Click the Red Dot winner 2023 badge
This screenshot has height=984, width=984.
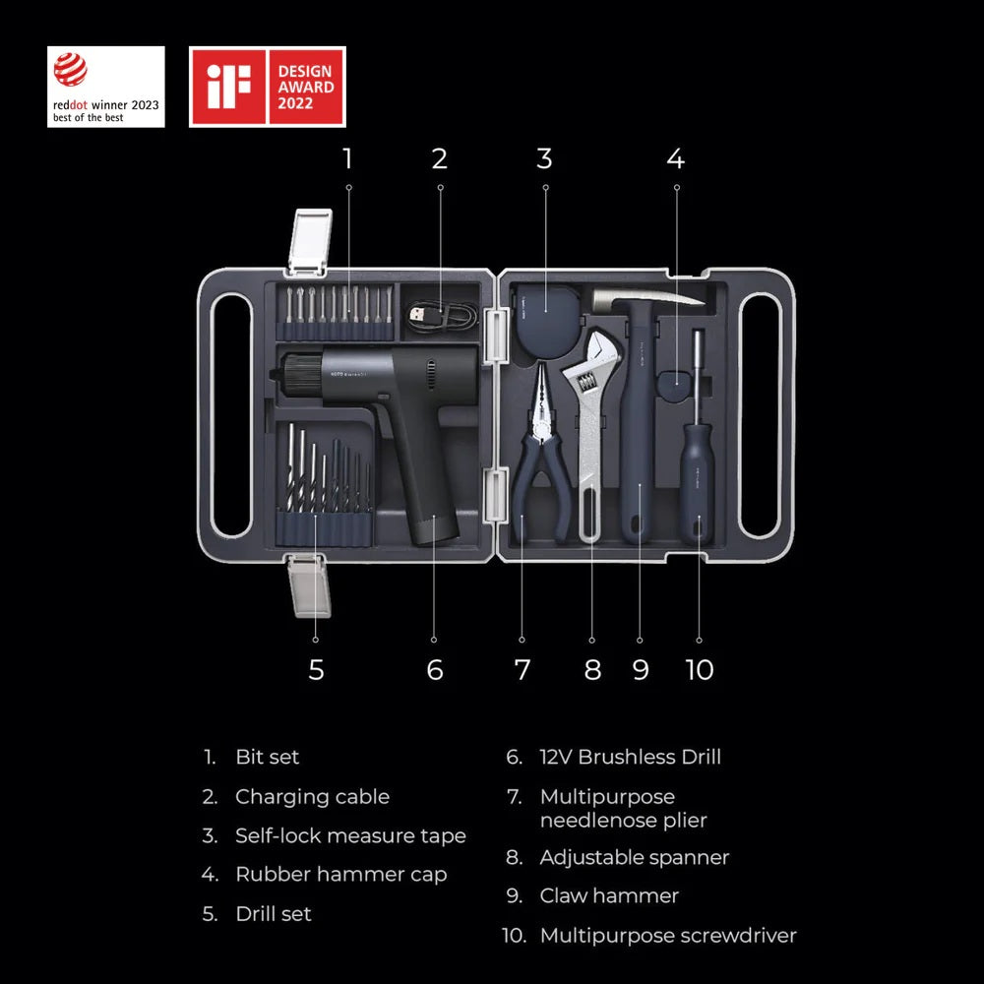[106, 87]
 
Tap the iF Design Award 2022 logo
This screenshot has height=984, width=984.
[267, 87]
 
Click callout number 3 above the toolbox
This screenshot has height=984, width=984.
[544, 157]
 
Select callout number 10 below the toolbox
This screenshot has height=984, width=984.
[699, 670]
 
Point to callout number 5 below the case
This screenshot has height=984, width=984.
[316, 670]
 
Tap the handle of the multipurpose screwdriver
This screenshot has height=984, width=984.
[699, 482]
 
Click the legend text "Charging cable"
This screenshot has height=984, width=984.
[312, 797]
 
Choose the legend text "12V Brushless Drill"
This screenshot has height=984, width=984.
[630, 758]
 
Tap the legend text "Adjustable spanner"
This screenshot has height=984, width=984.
[634, 857]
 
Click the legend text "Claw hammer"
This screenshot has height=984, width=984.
[609, 895]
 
